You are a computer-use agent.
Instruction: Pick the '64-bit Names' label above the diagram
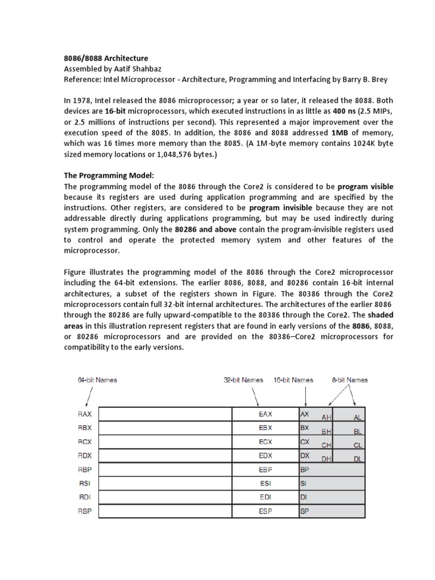point(97,379)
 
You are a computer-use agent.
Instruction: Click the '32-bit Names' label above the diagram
point(243,379)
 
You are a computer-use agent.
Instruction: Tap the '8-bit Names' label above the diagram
point(349,379)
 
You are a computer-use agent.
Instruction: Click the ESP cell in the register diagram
point(265,511)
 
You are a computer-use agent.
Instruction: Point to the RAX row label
point(84,415)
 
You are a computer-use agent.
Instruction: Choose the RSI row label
point(83,483)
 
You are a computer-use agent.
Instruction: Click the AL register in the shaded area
point(357,417)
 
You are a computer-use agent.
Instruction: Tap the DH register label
point(326,459)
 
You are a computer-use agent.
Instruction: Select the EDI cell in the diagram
point(265,497)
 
